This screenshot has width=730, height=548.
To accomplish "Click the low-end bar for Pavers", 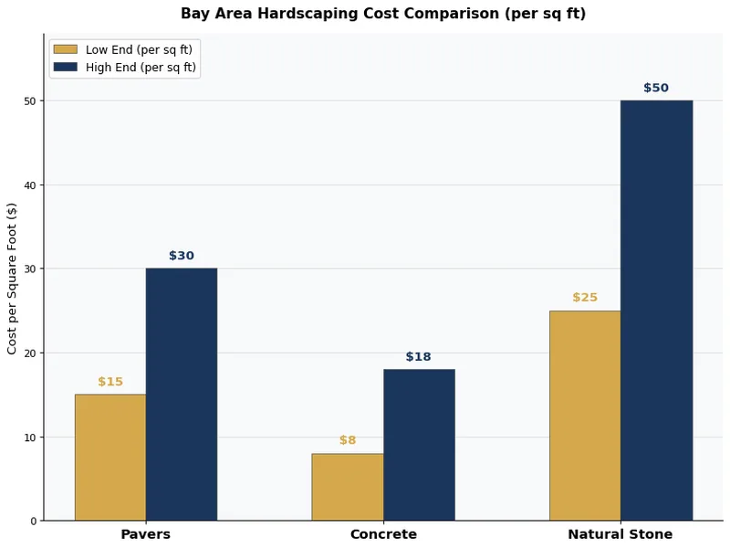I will (x=110, y=457).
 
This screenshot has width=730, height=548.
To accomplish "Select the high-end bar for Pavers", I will (x=182, y=394).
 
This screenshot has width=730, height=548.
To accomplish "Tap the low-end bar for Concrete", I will (x=348, y=487).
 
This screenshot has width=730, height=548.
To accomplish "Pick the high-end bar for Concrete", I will (x=419, y=445).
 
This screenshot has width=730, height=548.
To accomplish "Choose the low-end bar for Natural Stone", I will (x=585, y=416).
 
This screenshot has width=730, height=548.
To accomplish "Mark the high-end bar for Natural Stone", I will (x=656, y=311).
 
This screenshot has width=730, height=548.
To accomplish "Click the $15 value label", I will (x=110, y=382).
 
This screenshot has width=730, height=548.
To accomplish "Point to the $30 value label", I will (x=182, y=256).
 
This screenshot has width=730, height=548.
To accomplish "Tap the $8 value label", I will (x=348, y=440).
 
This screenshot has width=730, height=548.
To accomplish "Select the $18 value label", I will (x=419, y=357).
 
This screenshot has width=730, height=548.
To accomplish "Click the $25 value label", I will (x=585, y=298).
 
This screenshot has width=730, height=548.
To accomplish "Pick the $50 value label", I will (x=656, y=89).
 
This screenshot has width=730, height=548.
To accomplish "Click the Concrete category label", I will (x=383, y=534).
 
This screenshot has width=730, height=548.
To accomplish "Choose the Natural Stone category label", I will (x=620, y=534).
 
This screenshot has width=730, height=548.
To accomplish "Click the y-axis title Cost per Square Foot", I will (x=13, y=278).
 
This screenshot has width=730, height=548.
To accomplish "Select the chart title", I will (x=383, y=14).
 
